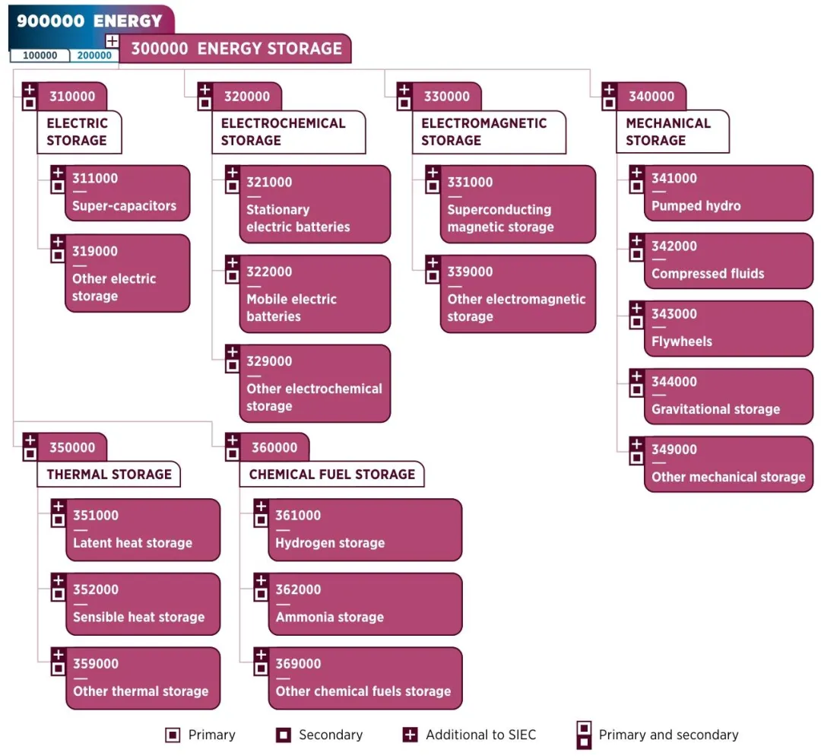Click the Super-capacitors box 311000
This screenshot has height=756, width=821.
[127, 193]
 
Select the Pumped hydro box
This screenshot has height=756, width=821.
[728, 193]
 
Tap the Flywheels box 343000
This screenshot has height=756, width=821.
[728, 329]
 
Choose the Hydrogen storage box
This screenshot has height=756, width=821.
[365, 530]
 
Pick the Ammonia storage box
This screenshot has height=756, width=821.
[365, 604]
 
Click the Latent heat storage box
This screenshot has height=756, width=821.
[143, 530]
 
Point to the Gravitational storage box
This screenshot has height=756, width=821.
[728, 396]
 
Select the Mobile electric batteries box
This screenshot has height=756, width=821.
[315, 294]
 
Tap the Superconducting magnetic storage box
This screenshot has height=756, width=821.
[518, 205]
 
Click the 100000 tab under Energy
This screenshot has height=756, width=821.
[40, 56]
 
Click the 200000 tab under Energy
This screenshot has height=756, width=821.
[94, 56]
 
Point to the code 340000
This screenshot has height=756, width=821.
[651, 97]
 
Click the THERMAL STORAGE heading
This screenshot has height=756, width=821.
[109, 475]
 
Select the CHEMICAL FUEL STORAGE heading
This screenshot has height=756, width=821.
[332, 475]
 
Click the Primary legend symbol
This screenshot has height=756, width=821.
[173, 735]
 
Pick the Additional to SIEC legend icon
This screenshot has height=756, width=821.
[410, 735]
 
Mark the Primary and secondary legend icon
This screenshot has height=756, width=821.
[584, 735]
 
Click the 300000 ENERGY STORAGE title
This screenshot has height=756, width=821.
[236, 49]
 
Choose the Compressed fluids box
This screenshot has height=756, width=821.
[728, 261]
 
